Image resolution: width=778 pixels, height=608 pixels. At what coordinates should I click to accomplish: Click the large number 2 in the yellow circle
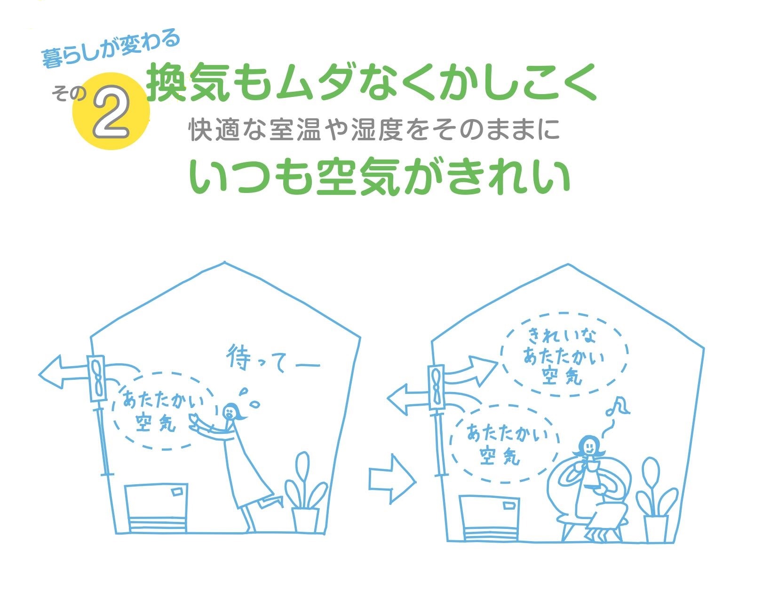[x=111, y=112]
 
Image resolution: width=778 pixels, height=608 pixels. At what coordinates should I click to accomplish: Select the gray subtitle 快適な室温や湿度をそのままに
[x=374, y=129]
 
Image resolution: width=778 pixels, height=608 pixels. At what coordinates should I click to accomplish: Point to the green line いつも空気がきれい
[x=379, y=176]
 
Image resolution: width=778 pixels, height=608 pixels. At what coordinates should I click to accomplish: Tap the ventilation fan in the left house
[x=97, y=378]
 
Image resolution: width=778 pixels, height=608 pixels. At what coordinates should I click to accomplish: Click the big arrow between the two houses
[x=392, y=479]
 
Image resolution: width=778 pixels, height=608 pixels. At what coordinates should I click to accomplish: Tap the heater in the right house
[x=489, y=518]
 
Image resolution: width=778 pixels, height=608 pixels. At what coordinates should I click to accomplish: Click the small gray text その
[x=70, y=94]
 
